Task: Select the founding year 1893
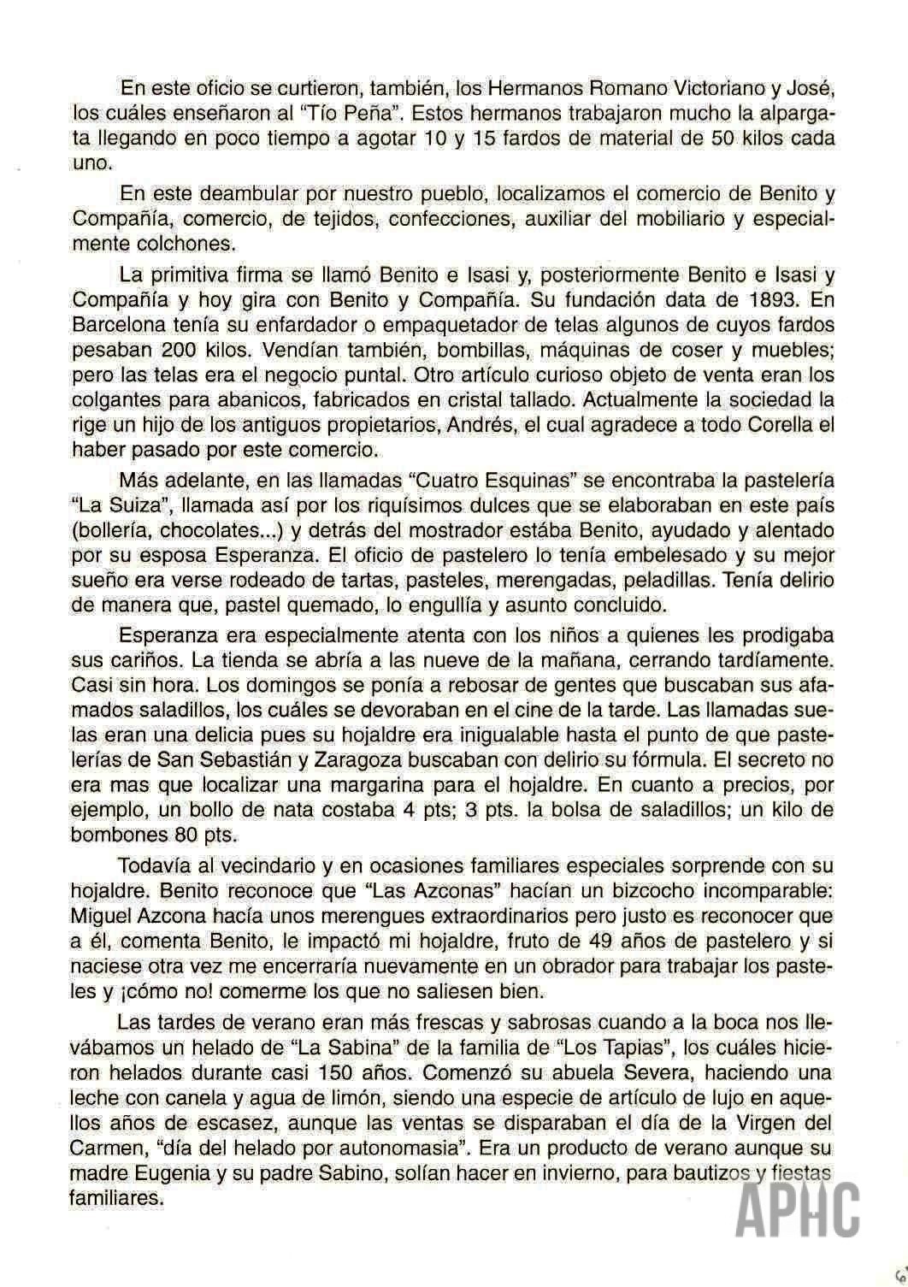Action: [763, 300]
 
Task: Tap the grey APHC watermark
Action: [797, 1211]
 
